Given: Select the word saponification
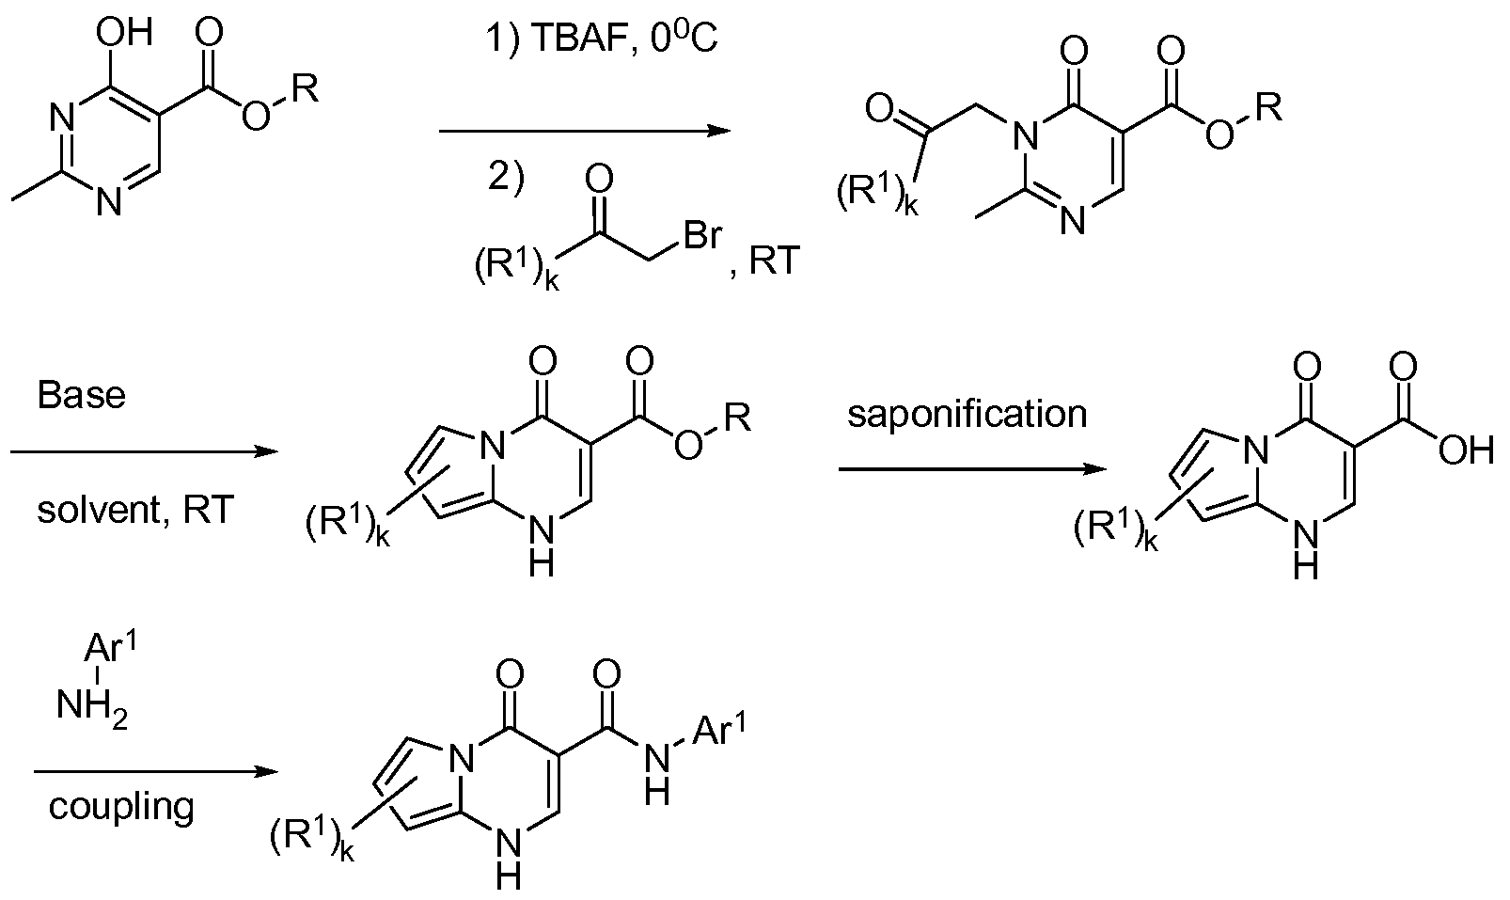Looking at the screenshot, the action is click(967, 415).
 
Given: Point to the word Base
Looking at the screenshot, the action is click(82, 395).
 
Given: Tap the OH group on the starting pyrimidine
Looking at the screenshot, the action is click(125, 32).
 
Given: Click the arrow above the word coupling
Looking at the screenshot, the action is click(156, 772).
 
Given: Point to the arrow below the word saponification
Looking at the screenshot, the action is click(973, 469).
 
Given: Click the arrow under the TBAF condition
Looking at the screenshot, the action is click(585, 131).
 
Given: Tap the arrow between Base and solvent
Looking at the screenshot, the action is click(144, 451).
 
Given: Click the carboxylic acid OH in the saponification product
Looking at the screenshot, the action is click(1466, 450).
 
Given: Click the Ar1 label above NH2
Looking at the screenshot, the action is click(111, 649).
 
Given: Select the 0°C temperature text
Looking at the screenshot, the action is click(684, 39).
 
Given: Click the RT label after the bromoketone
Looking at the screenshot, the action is click(775, 261).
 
